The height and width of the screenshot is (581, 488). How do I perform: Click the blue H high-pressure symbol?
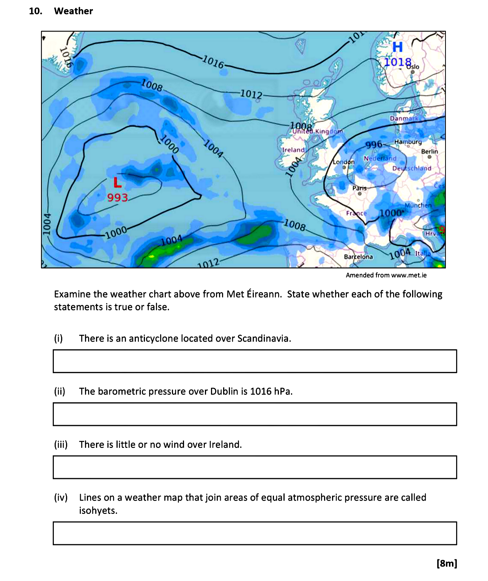pyautogui.click(x=397, y=47)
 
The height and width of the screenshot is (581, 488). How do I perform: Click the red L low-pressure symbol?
pyautogui.click(x=118, y=183)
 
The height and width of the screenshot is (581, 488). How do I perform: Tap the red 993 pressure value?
pyautogui.click(x=117, y=198)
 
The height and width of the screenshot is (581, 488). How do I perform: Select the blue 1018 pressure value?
pyautogui.click(x=397, y=62)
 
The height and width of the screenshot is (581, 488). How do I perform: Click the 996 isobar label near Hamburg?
pyautogui.click(x=374, y=145)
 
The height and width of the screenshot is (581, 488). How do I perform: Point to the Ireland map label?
pyautogui.click(x=293, y=150)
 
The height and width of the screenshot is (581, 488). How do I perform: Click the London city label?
pyautogui.click(x=343, y=162)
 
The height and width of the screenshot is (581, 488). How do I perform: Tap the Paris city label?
pyautogui.click(x=359, y=188)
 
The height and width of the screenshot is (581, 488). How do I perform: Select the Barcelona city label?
pyautogui.click(x=358, y=257)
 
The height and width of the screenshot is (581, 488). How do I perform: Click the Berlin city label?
pyautogui.click(x=429, y=151)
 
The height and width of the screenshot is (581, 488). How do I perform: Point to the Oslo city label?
pyautogui.click(x=413, y=67)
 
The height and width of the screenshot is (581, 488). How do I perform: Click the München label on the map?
pyautogui.click(x=418, y=205)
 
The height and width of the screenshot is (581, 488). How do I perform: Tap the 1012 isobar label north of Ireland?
pyautogui.click(x=251, y=94)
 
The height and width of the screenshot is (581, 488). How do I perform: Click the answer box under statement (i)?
pyautogui.click(x=255, y=361)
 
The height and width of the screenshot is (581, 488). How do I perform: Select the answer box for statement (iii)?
pyautogui.click(x=255, y=467)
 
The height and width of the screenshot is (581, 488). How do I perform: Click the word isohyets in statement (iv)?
pyautogui.click(x=98, y=510)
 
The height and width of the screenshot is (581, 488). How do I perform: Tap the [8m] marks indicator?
pyautogui.click(x=447, y=563)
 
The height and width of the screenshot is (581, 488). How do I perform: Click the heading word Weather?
pyautogui.click(x=73, y=11)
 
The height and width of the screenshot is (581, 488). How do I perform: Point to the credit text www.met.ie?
pyautogui.click(x=409, y=275)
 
